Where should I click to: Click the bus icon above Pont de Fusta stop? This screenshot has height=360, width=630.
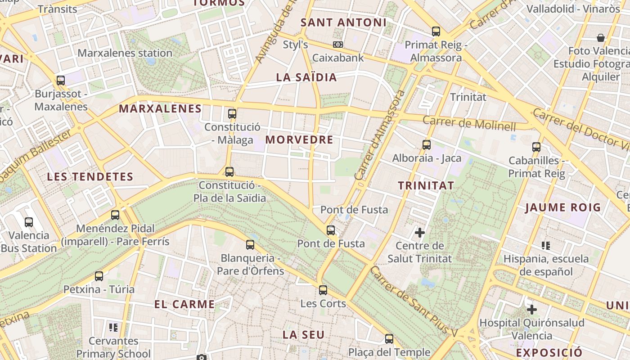click(x=331, y=230)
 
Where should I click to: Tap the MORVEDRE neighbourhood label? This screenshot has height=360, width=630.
click(x=299, y=139)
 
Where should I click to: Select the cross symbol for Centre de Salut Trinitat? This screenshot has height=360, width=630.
click(x=420, y=233)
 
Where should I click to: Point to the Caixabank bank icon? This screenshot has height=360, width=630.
click(x=338, y=45)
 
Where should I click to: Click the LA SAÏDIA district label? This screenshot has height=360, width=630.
click(x=306, y=77)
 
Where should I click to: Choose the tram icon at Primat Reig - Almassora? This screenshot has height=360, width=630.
click(x=436, y=31)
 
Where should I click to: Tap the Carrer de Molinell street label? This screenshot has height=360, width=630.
click(x=469, y=123)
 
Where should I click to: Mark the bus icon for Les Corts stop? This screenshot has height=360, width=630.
click(x=323, y=290)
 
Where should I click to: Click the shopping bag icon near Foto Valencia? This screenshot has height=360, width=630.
click(x=600, y=37)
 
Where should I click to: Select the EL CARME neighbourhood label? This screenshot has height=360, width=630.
click(x=184, y=304)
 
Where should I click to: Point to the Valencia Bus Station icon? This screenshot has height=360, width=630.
click(x=29, y=222)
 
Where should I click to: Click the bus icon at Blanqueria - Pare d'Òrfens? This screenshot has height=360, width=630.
click(x=250, y=245)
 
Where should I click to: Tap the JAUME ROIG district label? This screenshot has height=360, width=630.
click(x=563, y=207)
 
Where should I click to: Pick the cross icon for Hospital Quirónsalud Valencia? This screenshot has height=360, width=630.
click(x=532, y=310)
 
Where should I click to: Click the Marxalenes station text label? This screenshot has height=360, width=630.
click(x=125, y=53)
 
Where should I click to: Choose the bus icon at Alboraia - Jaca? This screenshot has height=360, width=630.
click(x=427, y=145)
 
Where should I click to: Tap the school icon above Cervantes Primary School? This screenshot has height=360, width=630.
click(x=113, y=327)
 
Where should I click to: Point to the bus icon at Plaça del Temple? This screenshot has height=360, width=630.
click(x=389, y=338)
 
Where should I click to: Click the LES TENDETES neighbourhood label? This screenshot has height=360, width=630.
click(x=90, y=177)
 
